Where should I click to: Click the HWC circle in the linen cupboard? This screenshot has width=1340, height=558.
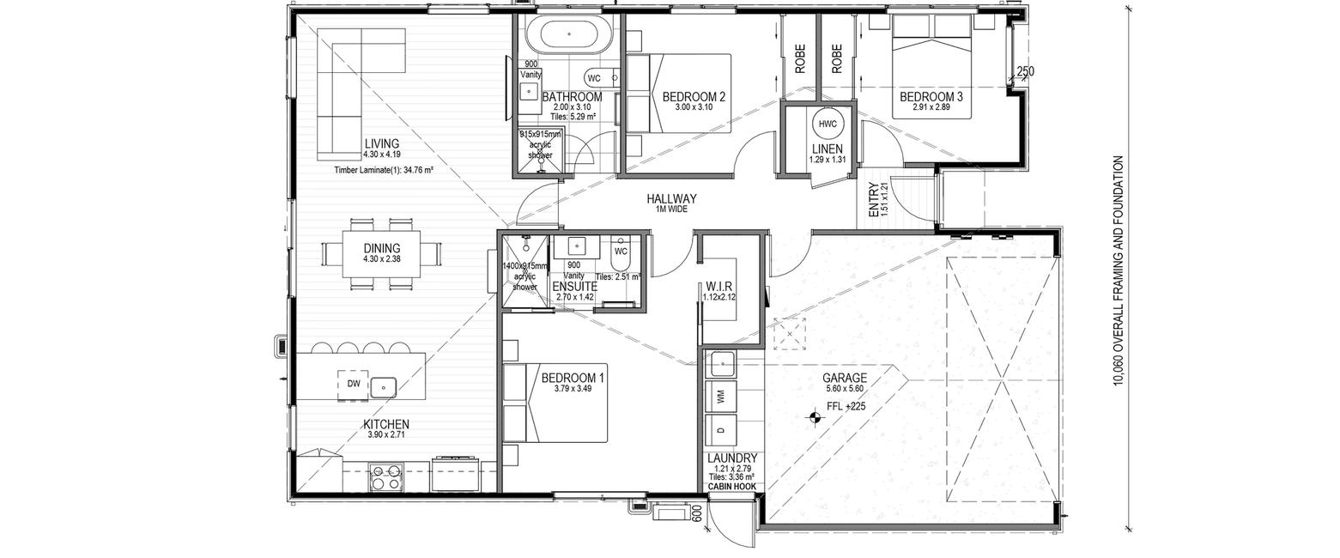(828, 124)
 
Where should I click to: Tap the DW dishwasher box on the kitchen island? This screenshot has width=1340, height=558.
(354, 384)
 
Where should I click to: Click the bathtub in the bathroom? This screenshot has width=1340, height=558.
(568, 35)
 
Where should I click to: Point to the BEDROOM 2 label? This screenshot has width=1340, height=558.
(694, 96)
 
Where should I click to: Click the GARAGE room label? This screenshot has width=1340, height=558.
(844, 378)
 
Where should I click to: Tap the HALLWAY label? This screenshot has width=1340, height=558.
(672, 198)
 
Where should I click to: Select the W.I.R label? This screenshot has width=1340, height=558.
(719, 286)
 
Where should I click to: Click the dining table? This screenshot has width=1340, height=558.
(381, 254)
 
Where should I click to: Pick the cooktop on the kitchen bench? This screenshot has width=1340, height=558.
(386, 476)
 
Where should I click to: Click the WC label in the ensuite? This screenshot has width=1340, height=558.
(621, 252)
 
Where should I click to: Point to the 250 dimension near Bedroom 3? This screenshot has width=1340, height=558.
(1025, 71)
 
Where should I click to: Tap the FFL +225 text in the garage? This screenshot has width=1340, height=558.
(846, 407)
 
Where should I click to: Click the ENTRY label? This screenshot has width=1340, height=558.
(873, 199)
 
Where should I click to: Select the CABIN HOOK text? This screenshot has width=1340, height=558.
(731, 487)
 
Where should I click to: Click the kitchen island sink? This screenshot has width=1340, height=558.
(383, 387)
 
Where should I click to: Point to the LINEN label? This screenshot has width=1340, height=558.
(828, 149)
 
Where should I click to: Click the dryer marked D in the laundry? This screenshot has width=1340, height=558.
(720, 428)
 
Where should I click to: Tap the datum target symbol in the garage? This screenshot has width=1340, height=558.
(814, 417)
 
